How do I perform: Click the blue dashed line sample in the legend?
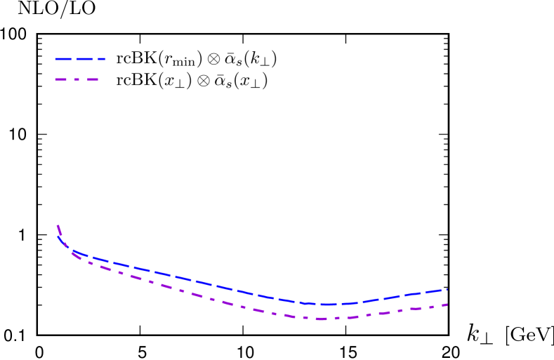coord(80,59)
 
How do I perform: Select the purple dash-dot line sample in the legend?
coord(77,80)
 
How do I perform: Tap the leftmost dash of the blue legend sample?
coord(64,59)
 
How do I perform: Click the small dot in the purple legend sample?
coord(79,80)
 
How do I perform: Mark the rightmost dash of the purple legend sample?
coord(92,80)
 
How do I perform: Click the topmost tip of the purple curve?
coord(57,225)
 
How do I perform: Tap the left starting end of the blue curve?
coord(58,237)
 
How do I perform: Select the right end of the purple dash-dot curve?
coord(447,305)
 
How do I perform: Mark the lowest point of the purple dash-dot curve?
coord(322,319)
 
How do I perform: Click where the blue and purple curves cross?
coord(70,251)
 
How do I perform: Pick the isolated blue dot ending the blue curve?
coord(447,288)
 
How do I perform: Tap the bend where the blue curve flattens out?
coord(73,252)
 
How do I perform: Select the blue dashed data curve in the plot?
coord(211,285)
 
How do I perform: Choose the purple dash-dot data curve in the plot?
coord(211,298)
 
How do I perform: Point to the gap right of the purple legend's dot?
coord(83,80)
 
